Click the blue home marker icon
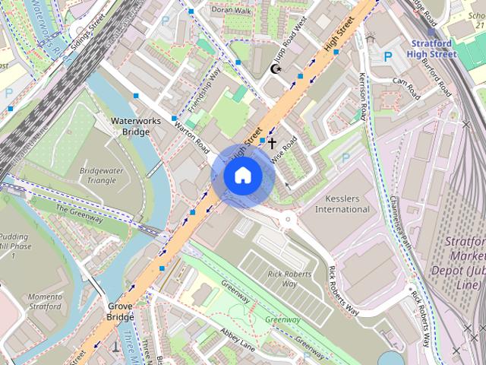pyautogui.click(x=242, y=176)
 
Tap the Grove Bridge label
pyautogui.click(x=120, y=310)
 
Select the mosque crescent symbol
pyautogui.click(x=276, y=69)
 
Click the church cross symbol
pyautogui.click(x=272, y=142)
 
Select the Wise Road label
pyautogui.click(x=282, y=150)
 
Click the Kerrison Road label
pyautogui.click(x=364, y=98)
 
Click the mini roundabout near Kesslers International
pyautogui.click(x=289, y=221)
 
